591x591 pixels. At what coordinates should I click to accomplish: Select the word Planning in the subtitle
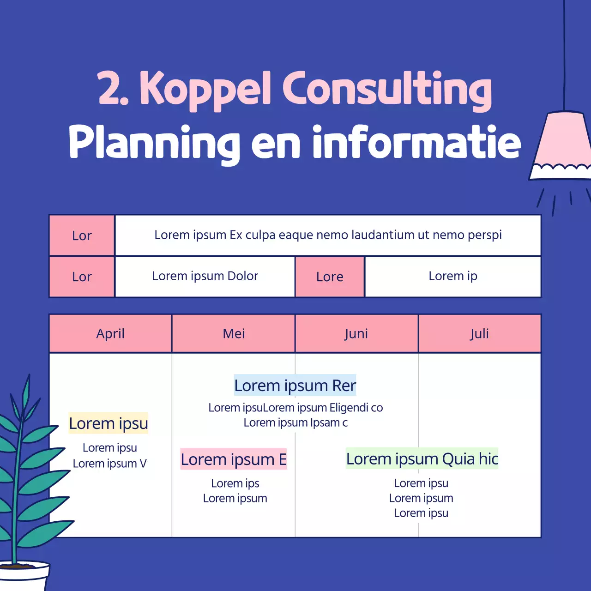point(154,143)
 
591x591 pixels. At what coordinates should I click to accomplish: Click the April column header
point(110,333)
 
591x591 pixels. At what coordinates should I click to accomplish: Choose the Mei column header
point(234,333)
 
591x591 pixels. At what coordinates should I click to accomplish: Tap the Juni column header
point(356,333)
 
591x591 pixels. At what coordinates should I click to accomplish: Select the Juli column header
point(479,333)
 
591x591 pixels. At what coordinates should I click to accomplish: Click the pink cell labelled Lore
point(330,277)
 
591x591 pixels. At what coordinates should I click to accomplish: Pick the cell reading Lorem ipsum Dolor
point(205,276)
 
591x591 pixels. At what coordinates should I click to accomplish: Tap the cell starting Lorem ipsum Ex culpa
point(328,235)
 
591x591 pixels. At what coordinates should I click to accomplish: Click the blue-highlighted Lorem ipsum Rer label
point(295,386)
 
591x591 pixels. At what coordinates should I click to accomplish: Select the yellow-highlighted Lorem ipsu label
point(109,423)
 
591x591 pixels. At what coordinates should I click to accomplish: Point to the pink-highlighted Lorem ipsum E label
point(234,459)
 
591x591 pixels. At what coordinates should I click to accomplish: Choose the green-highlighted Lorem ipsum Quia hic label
point(422,459)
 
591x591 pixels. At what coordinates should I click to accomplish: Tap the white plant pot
point(25,577)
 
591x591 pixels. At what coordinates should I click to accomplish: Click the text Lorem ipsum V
point(109,463)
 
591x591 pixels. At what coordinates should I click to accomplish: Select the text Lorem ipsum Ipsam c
point(295,422)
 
